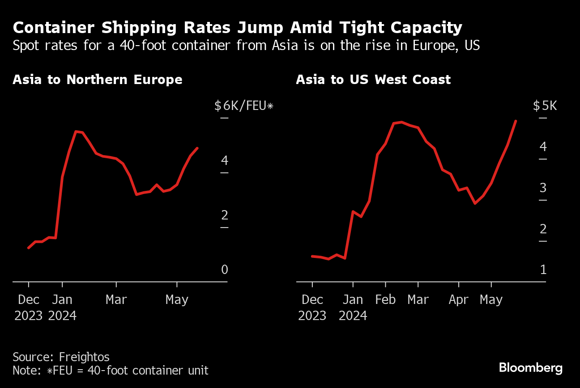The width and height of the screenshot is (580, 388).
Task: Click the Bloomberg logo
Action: coord(530,368)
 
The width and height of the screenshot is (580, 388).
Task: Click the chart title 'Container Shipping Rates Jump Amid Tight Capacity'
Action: coord(237,28)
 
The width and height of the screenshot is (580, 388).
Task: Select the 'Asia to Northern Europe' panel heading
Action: coord(98,80)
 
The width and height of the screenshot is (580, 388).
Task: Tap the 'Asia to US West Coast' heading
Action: coord(373,80)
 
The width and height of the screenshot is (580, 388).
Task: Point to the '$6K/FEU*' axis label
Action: coord(243,106)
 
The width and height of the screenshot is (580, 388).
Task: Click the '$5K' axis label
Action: coord(545,106)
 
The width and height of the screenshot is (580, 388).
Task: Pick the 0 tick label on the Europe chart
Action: coord(224,270)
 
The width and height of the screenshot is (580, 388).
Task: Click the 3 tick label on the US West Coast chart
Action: coord(543,188)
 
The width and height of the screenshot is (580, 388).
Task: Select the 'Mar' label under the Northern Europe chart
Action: coord(116,299)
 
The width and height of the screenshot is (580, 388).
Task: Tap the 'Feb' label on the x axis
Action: coord(385,299)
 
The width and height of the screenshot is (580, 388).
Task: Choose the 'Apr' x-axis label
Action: coord(458,299)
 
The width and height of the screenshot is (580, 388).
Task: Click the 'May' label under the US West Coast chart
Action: coord(491,299)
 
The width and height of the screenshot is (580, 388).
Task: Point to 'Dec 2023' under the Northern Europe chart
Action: coord(29,308)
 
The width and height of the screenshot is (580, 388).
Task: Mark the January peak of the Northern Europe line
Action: coord(76,131)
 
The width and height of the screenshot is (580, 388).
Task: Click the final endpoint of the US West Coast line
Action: coord(516,121)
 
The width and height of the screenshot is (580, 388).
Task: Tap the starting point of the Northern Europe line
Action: coord(29,248)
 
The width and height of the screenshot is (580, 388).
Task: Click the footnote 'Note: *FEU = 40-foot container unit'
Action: coord(111,371)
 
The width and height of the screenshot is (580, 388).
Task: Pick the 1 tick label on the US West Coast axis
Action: coord(543,270)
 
